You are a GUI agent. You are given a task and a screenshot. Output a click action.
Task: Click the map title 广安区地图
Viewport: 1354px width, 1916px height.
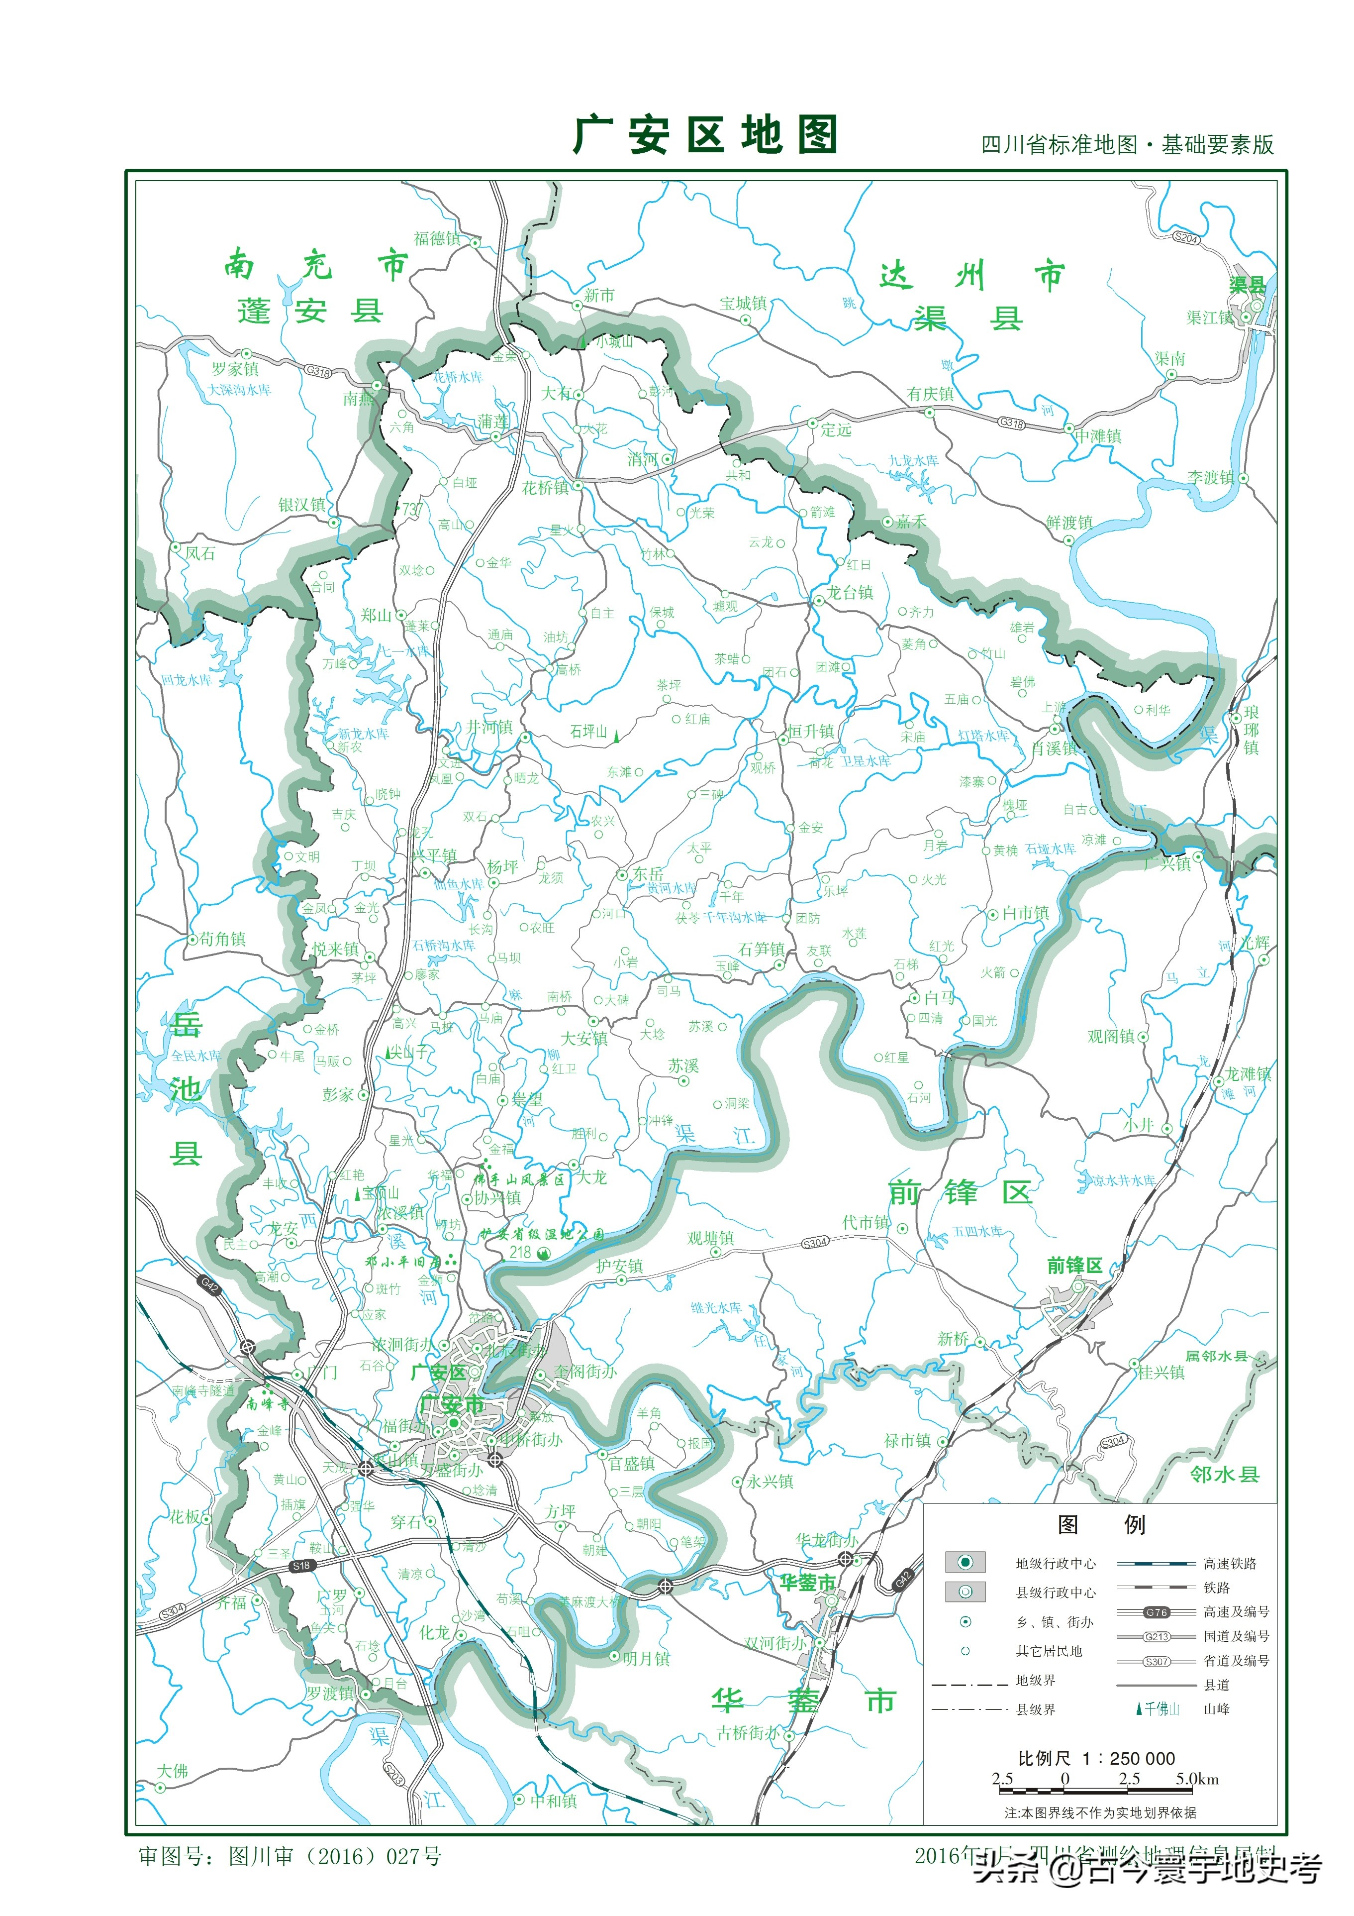coord(705,134)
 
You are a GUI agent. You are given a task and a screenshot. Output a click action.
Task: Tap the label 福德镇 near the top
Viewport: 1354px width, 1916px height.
coord(437,239)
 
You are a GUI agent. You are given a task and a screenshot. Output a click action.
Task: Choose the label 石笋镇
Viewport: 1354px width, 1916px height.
coord(761,949)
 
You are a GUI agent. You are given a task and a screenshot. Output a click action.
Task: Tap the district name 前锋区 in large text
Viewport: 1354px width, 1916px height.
coord(960,1192)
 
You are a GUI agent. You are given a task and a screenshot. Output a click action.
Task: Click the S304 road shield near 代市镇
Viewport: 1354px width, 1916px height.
coord(815,1243)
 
